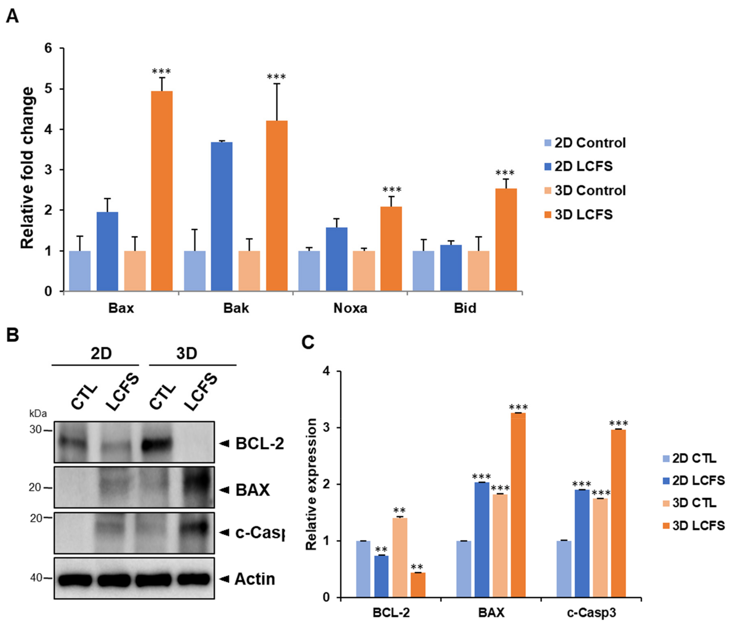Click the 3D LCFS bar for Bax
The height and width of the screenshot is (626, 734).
click(x=162, y=191)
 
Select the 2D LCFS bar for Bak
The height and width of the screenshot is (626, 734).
click(x=222, y=216)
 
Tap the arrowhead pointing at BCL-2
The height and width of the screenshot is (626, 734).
click(x=224, y=444)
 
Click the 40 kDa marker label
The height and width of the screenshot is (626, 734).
click(x=36, y=578)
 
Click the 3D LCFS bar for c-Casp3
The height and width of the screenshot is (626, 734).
click(x=618, y=514)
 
